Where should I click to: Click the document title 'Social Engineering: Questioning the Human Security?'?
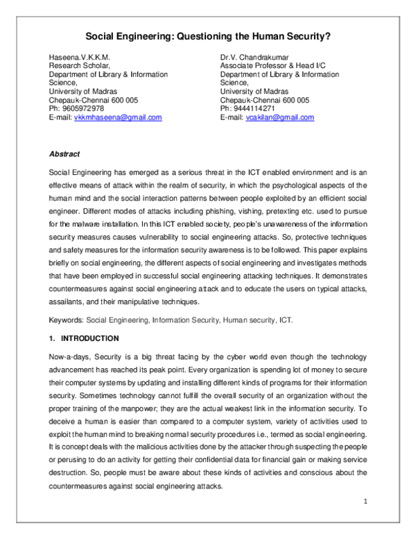pyautogui.click(x=208, y=36)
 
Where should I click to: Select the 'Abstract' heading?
pyautogui.click(x=64, y=154)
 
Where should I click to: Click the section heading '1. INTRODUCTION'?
pyautogui.click(x=84, y=338)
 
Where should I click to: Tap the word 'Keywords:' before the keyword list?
pyautogui.click(x=66, y=320)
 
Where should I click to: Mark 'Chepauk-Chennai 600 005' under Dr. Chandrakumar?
pyautogui.click(x=265, y=100)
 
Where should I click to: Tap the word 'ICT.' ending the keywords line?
pyautogui.click(x=286, y=320)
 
